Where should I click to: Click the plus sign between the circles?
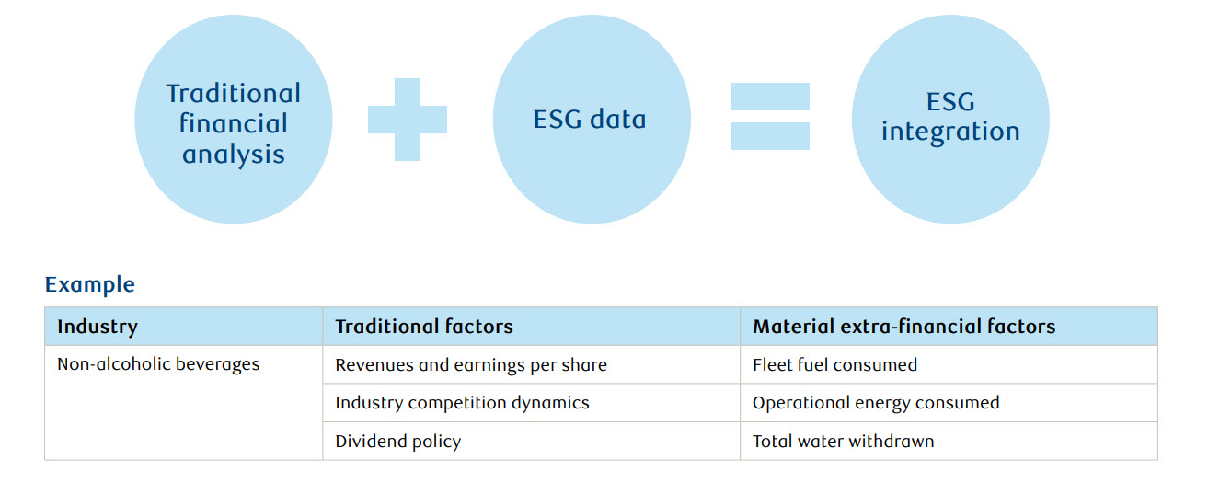click(408, 119)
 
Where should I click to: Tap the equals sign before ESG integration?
click(769, 116)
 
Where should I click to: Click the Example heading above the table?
click(89, 284)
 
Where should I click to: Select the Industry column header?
click(98, 327)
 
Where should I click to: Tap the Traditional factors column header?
click(424, 327)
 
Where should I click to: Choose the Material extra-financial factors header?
click(903, 327)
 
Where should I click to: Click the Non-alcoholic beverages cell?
click(158, 364)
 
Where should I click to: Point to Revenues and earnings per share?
click(471, 365)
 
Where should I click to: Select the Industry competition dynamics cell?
click(462, 403)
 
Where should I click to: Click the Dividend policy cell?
click(397, 442)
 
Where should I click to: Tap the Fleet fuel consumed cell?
click(834, 365)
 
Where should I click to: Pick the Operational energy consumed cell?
click(875, 403)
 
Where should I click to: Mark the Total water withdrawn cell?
click(843, 442)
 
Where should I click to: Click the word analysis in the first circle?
click(234, 154)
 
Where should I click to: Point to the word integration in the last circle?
click(950, 132)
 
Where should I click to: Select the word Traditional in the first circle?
click(234, 94)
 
